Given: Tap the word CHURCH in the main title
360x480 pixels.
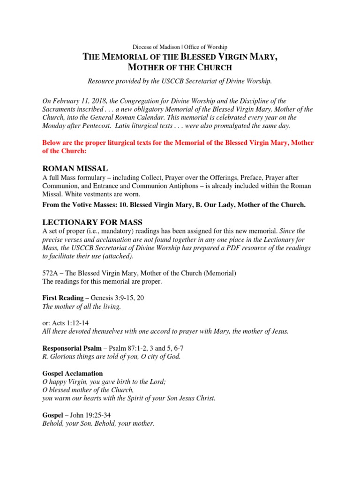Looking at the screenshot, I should click(x=213, y=67).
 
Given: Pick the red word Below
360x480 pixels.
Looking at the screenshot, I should click(x=51, y=142).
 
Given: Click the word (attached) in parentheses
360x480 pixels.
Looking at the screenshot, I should click(x=117, y=256).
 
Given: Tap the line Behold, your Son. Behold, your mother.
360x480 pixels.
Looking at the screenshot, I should click(x=98, y=424).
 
